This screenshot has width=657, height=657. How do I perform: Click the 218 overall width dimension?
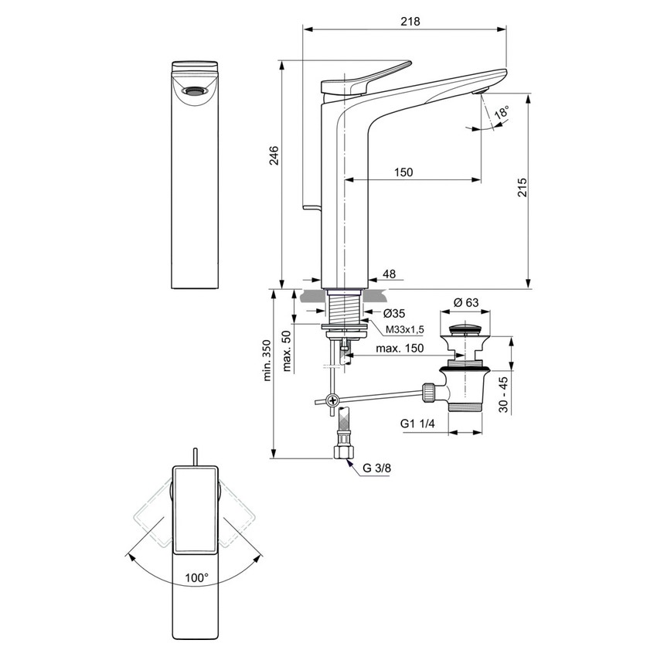(410, 22)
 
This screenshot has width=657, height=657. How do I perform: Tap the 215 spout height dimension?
(522, 189)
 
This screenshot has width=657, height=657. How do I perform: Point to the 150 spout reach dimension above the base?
(403, 172)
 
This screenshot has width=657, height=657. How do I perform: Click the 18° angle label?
(502, 113)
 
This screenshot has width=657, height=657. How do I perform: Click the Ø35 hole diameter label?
(395, 313)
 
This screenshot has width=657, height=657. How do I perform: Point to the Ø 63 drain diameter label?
(465, 302)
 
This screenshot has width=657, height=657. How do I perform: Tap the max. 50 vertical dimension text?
(288, 351)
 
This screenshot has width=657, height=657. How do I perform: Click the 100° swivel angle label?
(197, 577)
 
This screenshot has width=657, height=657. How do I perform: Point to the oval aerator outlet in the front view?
(195, 91)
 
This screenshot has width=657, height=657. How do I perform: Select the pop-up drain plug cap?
(465, 332)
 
